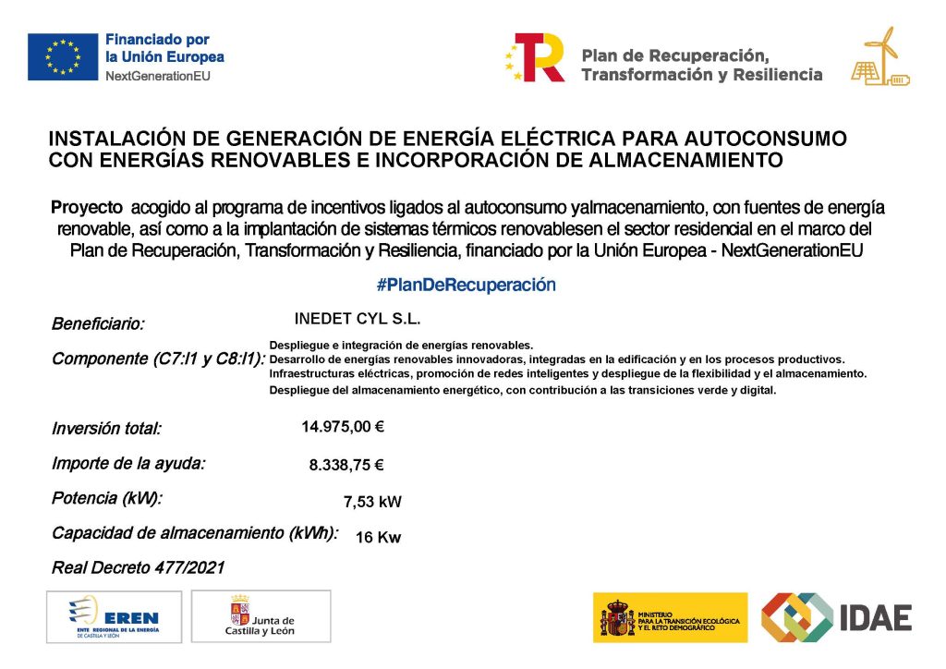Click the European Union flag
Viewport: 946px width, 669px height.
[x=63, y=56]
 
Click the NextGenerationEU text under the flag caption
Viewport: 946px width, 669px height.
[x=158, y=76]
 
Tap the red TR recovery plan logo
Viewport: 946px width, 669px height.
[x=536, y=57]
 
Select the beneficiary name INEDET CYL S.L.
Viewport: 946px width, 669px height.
[x=357, y=319]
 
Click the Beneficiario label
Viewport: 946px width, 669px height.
[x=98, y=324]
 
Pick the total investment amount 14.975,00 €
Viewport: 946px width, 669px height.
[x=343, y=427]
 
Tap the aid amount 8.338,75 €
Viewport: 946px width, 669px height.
[x=346, y=466]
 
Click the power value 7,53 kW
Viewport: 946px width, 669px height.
[x=372, y=502]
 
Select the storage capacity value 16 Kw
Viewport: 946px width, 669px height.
[x=378, y=538]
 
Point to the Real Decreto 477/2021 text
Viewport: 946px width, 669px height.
[x=138, y=567]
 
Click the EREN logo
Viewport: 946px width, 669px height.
[x=114, y=616]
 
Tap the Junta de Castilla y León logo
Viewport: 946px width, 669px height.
[x=261, y=616]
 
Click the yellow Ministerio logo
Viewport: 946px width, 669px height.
[x=670, y=617]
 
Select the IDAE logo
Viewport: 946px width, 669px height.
[x=836, y=617]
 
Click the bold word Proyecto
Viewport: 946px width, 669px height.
[x=87, y=206]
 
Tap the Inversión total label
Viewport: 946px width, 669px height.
[x=106, y=429]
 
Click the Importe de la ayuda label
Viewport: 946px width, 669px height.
[x=128, y=464]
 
